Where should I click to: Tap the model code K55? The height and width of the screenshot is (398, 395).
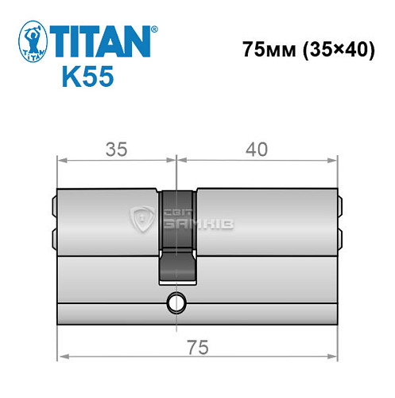coord(87,78)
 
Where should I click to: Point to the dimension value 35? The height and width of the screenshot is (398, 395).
coord(117,149)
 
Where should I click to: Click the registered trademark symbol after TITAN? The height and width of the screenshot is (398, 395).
coord(154,29)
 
